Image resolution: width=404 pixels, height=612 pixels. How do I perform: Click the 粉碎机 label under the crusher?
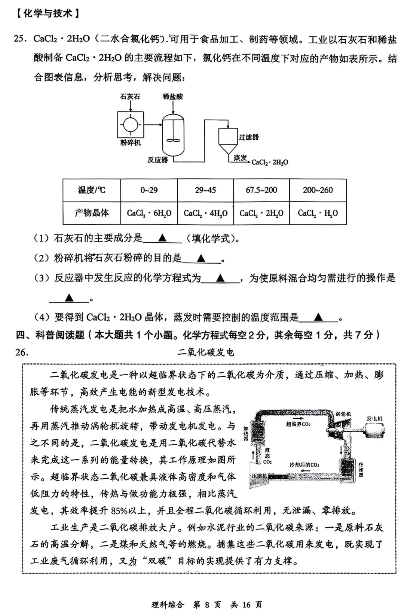pos(130,143)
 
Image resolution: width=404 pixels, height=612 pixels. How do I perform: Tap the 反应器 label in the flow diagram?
pos(157,160)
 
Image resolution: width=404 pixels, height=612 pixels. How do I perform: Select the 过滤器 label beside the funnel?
pos(249,137)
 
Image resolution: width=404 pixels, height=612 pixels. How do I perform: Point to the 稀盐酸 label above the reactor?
pos(173,97)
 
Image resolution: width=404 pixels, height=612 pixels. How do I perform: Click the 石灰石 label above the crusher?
pos(130,97)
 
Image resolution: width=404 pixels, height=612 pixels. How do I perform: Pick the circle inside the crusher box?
pos(130,124)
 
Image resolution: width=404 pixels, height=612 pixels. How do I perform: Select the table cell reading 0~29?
pos(149,190)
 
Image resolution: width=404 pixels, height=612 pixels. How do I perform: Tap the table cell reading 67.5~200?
pos(261,190)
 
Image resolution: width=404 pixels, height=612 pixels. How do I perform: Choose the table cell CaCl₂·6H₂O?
pos(149,213)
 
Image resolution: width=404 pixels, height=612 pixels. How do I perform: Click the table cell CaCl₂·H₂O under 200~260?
pos(318,213)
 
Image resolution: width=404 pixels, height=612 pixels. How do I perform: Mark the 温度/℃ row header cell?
pos(92,190)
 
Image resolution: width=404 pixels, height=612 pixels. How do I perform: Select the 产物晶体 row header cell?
pos(92,213)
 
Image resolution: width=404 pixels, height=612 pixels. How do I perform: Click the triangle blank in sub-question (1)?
pos(162,238)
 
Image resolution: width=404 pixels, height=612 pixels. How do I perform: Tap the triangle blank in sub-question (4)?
pos(318,318)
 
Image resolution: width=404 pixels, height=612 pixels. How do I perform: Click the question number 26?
pos(22,352)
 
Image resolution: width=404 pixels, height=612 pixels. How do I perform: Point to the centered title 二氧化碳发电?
pos(206,352)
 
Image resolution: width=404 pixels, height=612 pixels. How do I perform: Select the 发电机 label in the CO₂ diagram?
pos(374,418)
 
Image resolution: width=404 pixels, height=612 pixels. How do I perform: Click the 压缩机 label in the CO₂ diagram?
pos(259,476)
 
